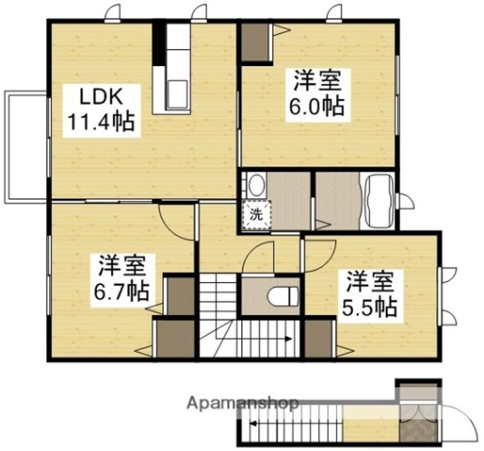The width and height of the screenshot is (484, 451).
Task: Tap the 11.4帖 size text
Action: pyautogui.click(x=100, y=123)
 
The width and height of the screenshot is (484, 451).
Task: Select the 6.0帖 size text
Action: pyautogui.click(x=316, y=106)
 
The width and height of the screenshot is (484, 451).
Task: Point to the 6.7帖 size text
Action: pyautogui.click(x=122, y=291)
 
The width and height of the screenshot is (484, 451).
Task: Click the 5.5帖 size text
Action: pyautogui.click(x=370, y=307)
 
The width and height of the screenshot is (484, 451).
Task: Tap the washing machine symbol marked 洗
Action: pyautogui.click(x=256, y=215)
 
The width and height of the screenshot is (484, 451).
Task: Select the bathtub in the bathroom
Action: pyautogui.click(x=378, y=201)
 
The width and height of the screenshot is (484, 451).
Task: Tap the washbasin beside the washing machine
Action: pyautogui.click(x=255, y=184)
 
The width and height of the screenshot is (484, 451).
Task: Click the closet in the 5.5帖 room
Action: pyautogui.click(x=319, y=338)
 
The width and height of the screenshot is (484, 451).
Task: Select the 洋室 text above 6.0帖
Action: pyautogui.click(x=316, y=80)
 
